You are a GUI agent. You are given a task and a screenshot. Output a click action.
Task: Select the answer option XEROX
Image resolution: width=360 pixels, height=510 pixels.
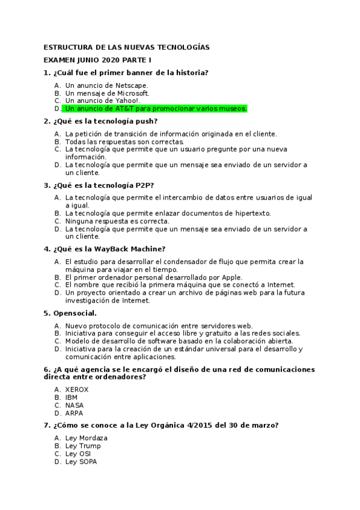pos(76,389)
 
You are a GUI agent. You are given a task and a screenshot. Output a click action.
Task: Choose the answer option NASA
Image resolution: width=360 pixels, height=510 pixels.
pos(75,405)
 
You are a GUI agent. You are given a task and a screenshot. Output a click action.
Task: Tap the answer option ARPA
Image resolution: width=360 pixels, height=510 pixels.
pos(74,413)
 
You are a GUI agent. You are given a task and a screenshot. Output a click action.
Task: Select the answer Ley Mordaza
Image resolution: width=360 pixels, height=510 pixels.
pos(87,438)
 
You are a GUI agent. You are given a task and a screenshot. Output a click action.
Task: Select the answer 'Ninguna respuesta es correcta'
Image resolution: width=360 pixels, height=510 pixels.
pos(117,221)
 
